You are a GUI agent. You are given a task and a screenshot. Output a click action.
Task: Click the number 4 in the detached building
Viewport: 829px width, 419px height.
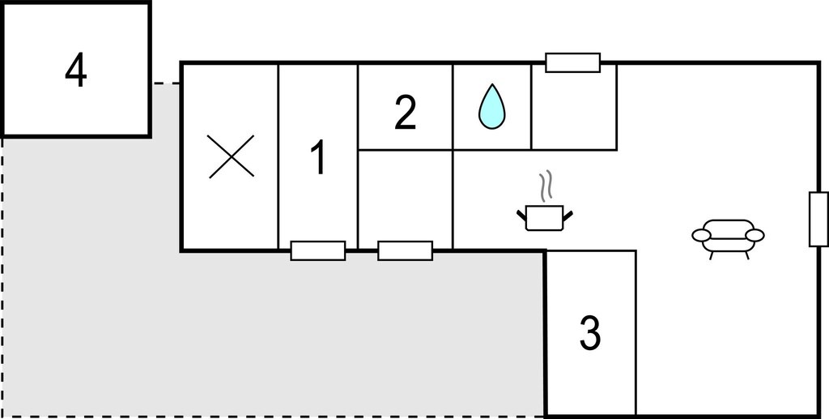75,71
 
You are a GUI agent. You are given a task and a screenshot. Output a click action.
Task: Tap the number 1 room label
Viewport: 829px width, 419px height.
317,159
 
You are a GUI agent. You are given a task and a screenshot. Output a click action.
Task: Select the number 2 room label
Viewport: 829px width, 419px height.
405,113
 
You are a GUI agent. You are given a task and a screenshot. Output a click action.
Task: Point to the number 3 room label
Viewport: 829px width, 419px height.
589,333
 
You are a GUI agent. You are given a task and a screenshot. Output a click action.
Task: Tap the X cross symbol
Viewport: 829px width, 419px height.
231,156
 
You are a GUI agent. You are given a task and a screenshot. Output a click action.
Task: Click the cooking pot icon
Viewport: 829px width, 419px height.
545,217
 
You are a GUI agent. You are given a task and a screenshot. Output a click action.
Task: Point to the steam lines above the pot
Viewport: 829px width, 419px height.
545,185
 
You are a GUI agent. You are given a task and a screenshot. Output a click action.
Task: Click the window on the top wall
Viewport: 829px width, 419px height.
572,62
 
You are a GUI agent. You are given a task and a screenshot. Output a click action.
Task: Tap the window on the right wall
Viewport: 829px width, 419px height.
818,219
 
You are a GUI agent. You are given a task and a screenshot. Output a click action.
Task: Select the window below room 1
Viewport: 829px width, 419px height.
317,250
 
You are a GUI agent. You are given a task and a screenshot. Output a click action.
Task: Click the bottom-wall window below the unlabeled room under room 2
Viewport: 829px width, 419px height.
405,250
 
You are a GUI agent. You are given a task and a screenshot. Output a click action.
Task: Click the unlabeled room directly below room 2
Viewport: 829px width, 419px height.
405,199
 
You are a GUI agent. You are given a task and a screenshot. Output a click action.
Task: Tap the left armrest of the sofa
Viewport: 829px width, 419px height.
702,235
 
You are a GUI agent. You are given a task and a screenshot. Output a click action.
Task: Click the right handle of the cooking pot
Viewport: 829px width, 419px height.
568,216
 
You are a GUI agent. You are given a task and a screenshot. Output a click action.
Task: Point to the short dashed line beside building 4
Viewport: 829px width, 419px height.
167,83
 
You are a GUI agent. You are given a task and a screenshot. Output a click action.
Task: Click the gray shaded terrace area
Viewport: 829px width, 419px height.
265,328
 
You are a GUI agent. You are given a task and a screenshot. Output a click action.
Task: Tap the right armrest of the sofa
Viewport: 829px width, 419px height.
755,235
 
